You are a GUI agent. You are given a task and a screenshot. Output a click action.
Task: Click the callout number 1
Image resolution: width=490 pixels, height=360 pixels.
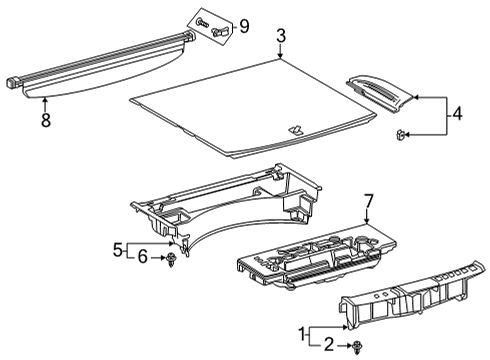(302, 334)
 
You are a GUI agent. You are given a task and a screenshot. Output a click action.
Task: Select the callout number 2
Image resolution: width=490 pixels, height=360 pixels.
(328, 344)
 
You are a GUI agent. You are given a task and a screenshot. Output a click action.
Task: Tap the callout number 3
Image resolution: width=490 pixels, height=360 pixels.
(281, 36)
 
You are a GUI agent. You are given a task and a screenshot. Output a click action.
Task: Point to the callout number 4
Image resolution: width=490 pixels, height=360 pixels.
(457, 113)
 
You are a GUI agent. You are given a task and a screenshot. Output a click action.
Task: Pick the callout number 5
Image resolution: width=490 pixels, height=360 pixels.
(118, 249)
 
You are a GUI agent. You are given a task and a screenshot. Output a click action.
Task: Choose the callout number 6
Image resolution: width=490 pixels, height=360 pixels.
(142, 257)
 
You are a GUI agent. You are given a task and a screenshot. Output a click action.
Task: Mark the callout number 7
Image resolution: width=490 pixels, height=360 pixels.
(368, 202)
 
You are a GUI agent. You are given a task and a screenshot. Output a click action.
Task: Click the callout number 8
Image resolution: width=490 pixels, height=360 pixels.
(46, 120)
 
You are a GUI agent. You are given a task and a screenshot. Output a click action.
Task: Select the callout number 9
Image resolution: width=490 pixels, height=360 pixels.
(244, 26)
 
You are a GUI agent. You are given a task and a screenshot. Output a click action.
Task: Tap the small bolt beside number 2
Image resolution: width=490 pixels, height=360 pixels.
(357, 347)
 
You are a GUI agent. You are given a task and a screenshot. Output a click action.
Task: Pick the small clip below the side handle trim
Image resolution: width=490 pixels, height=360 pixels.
(401, 135)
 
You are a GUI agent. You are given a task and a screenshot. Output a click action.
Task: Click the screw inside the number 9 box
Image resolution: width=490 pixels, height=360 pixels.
(202, 23)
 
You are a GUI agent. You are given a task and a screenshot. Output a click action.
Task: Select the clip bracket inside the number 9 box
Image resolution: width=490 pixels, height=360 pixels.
(219, 32)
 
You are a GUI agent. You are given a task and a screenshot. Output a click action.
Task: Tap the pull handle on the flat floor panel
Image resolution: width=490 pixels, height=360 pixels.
(295, 129)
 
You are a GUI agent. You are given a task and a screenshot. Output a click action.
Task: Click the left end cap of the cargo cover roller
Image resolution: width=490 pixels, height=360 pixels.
(14, 83)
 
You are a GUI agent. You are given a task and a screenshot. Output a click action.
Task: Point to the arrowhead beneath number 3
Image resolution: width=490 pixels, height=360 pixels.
(280, 56)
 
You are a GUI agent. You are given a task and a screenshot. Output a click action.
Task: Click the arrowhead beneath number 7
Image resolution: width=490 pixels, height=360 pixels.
(366, 221)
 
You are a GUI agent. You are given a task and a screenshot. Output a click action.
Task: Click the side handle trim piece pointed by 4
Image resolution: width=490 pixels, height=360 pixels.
(380, 94)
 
